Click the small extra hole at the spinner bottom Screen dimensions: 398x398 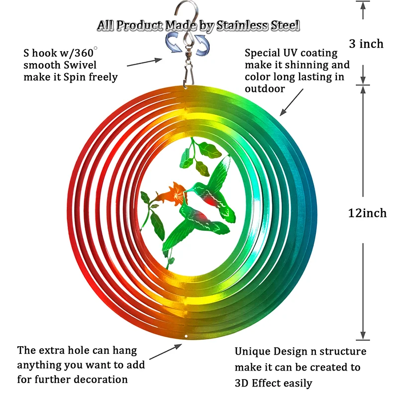pos(186,336)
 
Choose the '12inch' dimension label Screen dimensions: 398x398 pos(367,213)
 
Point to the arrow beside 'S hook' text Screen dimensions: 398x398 pos(144,62)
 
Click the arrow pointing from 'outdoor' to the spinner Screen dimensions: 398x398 pos(292,102)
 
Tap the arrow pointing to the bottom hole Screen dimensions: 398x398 pos(166,352)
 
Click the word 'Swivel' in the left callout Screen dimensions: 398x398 pos(80,65)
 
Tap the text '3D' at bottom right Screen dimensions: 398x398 pos(242,383)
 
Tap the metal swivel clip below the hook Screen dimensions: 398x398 pos(188,68)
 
